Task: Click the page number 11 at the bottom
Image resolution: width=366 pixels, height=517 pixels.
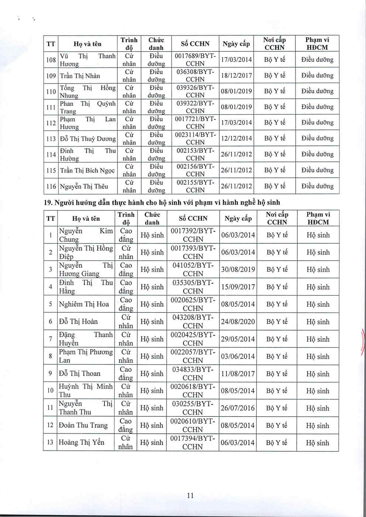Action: [x=190, y=495]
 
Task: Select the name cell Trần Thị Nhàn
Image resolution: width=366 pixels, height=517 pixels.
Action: [x=80, y=76]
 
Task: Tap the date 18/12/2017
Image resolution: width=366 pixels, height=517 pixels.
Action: [x=236, y=76]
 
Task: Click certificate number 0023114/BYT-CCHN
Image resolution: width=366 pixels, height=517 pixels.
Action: [x=195, y=138]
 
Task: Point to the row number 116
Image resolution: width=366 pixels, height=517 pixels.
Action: [x=51, y=187]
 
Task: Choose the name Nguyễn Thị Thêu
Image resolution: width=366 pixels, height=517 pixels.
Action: [x=84, y=187]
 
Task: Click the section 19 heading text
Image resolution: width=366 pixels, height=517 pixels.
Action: [x=162, y=202]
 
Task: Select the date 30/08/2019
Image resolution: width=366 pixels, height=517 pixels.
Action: [x=238, y=270]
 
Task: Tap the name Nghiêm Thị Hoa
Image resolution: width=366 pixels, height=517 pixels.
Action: [x=84, y=304]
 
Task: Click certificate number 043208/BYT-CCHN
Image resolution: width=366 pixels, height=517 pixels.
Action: [x=193, y=322]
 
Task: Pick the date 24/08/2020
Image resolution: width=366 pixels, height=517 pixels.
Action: [x=238, y=322]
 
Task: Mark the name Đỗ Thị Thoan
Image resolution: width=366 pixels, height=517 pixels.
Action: [x=80, y=374]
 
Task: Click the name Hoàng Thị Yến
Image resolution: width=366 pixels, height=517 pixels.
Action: [x=82, y=442]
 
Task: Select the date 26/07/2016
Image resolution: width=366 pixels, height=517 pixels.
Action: [x=238, y=408]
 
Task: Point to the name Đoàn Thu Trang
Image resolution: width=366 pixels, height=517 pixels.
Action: [x=83, y=425]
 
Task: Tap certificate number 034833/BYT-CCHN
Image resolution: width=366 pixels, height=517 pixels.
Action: [x=193, y=374]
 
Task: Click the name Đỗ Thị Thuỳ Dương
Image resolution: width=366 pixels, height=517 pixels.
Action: [x=88, y=139]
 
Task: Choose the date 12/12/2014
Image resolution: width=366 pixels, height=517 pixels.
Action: [x=236, y=138]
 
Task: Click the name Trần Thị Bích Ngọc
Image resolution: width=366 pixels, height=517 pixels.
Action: [x=87, y=170]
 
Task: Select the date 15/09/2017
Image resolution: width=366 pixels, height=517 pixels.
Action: [x=238, y=287]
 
